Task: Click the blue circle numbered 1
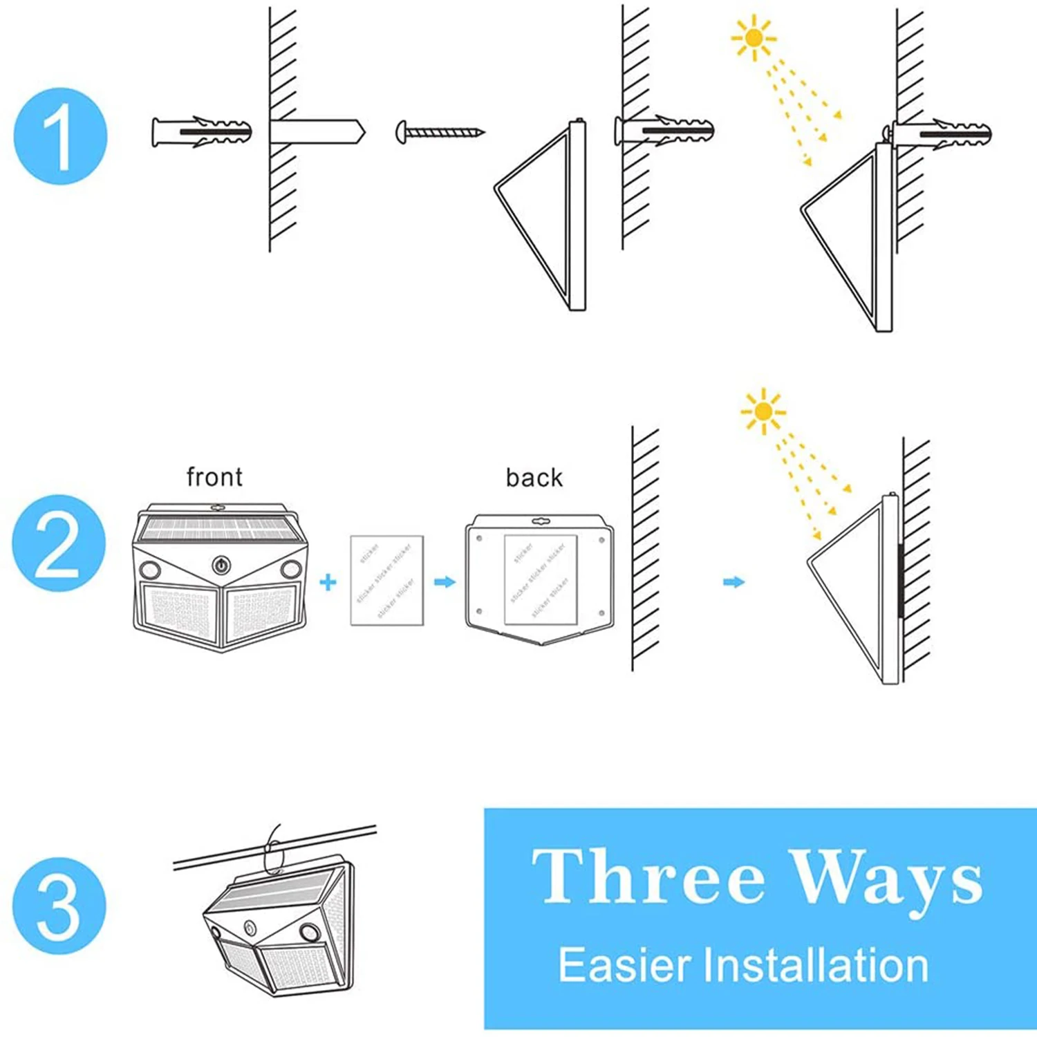coord(61,136)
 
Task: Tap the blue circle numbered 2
coord(59,543)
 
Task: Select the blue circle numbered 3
coord(59,906)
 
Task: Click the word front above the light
coord(214,477)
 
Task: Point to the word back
coord(534,478)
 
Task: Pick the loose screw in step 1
coord(440,131)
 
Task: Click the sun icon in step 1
coord(754,37)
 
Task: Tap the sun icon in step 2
coord(763,411)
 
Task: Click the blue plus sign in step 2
coord(328,582)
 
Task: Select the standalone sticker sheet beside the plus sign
coord(386,580)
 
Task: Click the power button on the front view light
coord(221,565)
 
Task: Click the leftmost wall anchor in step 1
coord(201,131)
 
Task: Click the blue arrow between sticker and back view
coord(445,582)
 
